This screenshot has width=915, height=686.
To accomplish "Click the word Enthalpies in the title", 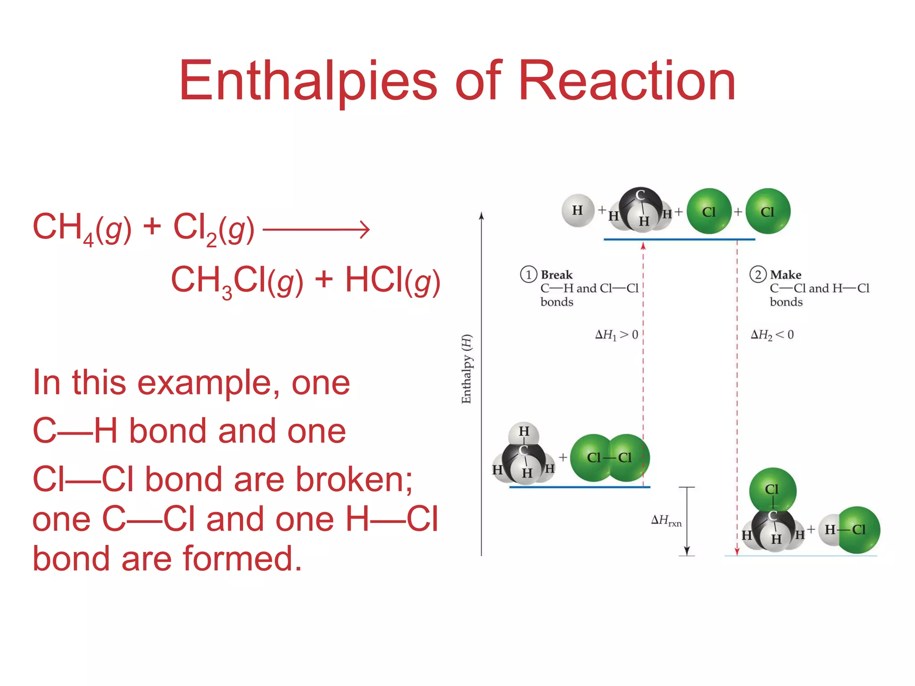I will pyautogui.click(x=308, y=81).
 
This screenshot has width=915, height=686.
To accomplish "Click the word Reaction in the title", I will pyautogui.click(x=626, y=81).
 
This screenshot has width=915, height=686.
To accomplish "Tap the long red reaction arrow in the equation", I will pyautogui.click(x=316, y=230).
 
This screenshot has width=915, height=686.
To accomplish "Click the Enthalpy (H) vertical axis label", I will pyautogui.click(x=466, y=369).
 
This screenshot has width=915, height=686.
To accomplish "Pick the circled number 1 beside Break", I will pyautogui.click(x=529, y=274).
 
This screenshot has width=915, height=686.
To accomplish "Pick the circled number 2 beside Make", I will pyautogui.click(x=758, y=274).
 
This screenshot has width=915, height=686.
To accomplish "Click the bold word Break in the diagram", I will pyautogui.click(x=557, y=275).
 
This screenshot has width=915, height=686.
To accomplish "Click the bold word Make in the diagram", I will pyautogui.click(x=785, y=275).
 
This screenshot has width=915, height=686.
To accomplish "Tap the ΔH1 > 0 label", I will pyautogui.click(x=617, y=335).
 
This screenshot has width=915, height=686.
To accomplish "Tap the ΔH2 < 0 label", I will pyautogui.click(x=772, y=335).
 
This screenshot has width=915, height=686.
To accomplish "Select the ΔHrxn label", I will pyautogui.click(x=666, y=520).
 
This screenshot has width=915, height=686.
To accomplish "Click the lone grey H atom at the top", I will pyautogui.click(x=578, y=210).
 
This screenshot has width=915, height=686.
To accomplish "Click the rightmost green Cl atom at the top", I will pyautogui.click(x=768, y=211).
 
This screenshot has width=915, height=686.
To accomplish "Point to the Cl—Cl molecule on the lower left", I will pyautogui.click(x=609, y=457).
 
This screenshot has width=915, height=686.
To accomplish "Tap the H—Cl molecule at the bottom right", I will pyautogui.click(x=849, y=530).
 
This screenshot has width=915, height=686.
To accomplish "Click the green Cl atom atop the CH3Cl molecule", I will pyautogui.click(x=772, y=489).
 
